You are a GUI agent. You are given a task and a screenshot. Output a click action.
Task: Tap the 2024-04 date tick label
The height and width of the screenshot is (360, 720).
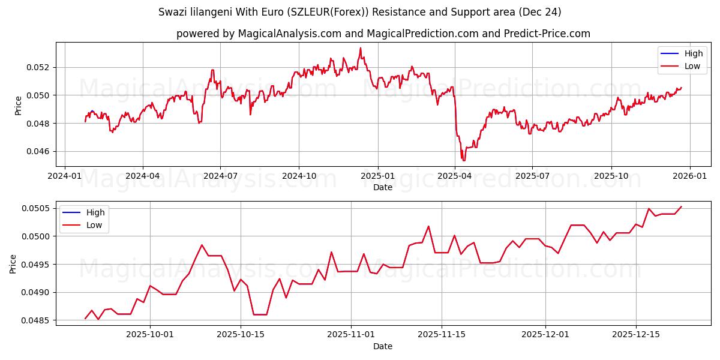point(142,176)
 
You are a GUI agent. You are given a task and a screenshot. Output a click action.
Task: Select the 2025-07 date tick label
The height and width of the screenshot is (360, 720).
point(532,176)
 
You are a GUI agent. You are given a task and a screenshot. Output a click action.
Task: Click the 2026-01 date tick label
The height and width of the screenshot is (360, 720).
point(689,176)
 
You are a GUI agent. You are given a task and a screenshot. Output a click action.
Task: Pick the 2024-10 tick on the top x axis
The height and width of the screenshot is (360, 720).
point(299,176)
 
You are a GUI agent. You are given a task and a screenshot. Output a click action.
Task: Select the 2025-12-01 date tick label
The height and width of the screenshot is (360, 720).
point(545,335)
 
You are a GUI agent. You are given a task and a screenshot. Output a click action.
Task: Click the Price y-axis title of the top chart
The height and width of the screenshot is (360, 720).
point(18,105)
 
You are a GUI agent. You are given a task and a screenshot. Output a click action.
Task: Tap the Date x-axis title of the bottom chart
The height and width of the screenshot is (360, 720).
point(383,346)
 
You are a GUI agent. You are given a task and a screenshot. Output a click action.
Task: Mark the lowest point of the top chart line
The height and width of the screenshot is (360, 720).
point(463,161)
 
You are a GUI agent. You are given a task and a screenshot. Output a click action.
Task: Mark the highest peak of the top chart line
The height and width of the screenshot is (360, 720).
point(361,48)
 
